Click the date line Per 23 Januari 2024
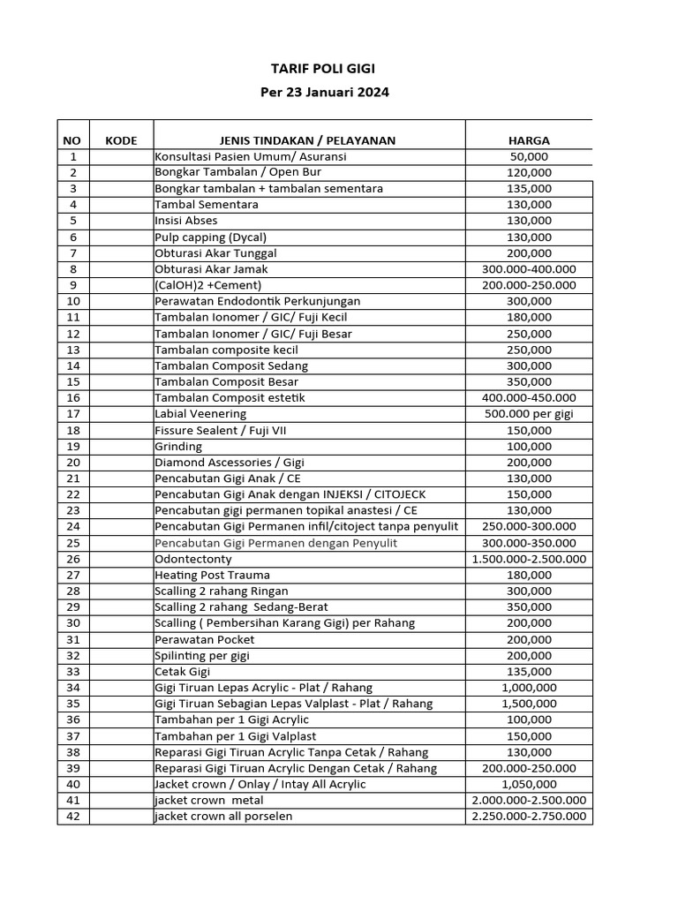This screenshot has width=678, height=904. pos(324,92)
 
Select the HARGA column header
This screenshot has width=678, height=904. pos(529,140)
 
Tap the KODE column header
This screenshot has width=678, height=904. pos(121,140)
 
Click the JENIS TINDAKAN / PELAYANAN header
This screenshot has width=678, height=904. pos(307,140)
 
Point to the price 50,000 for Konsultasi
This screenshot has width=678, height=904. pos(529,156)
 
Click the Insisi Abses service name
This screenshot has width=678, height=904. pos(185,221)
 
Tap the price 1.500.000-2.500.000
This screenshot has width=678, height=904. pos(529,559)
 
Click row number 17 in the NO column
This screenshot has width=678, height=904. pos(72,414)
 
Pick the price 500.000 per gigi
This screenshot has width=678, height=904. pos(529,414)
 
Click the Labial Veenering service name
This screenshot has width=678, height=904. pos(200,414)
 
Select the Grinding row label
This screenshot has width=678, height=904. pos(178,447)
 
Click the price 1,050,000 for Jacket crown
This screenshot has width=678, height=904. pos(529,784)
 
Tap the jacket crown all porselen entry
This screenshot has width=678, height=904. pos(223,817)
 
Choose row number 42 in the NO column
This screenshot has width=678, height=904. pos(72,817)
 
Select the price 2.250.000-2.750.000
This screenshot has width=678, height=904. pos(529,817)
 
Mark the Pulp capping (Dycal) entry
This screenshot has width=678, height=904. pos(210,237)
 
